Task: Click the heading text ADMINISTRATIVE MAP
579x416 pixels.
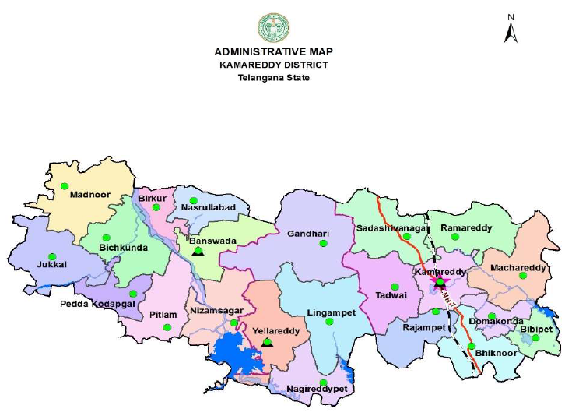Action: pyautogui.click(x=273, y=52)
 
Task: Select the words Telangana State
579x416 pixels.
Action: pyautogui.click(x=273, y=78)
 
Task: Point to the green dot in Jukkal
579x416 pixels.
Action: pyautogui.click(x=52, y=256)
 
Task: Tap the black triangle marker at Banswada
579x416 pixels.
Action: pyautogui.click(x=198, y=251)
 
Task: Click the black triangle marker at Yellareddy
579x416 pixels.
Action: pyautogui.click(x=267, y=342)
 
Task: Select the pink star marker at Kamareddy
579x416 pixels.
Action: pyautogui.click(x=440, y=282)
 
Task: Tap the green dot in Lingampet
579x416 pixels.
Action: pyautogui.click(x=329, y=321)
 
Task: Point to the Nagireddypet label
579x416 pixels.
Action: pyautogui.click(x=318, y=388)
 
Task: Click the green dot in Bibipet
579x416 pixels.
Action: pyautogui.click(x=535, y=337)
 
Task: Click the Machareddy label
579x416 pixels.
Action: pyautogui.click(x=518, y=269)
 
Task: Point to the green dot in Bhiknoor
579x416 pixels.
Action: pyautogui.click(x=472, y=346)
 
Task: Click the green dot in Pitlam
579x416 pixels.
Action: pyautogui.click(x=166, y=327)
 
